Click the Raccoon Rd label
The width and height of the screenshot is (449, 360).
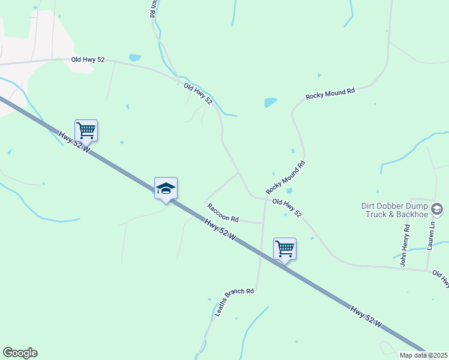[223, 211]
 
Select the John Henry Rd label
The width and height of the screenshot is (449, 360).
[405, 245]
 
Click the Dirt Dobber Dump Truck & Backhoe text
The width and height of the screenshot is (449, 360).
[394, 210]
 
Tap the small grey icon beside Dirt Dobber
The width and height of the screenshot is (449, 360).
[436, 209]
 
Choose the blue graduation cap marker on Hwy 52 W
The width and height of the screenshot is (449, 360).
[166, 189]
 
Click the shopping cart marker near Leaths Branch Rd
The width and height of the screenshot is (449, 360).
[285, 248]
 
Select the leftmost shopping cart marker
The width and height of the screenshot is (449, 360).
[86, 130]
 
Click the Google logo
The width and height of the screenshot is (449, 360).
[20, 353]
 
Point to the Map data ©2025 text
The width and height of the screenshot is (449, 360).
[423, 355]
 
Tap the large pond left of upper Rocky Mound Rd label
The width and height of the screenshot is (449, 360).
[271, 103]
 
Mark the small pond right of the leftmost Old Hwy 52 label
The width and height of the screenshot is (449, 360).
[134, 58]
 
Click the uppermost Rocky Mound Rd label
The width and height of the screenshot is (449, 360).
[330, 93]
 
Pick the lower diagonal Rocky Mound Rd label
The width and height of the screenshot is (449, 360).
[286, 177]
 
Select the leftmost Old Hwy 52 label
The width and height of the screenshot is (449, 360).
[88, 59]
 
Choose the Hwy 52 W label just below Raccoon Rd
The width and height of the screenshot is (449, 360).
[219, 230]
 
